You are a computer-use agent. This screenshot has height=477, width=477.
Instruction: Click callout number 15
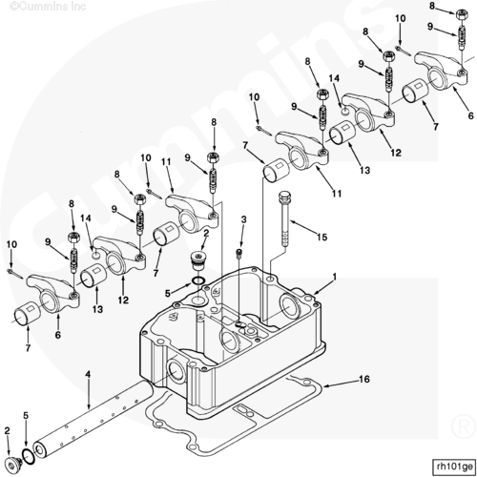point(321,237)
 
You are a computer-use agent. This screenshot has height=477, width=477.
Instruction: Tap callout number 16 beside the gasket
point(364,379)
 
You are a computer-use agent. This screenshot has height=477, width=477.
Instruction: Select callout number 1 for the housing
point(334,278)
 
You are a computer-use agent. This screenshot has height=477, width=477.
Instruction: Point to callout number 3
point(243,219)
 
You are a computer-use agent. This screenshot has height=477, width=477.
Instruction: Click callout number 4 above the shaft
point(88,374)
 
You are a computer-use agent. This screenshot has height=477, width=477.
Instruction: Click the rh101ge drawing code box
point(454,467)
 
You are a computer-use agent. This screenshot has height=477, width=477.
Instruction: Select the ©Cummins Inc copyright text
point(48,6)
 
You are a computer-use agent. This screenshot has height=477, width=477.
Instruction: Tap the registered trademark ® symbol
point(463,427)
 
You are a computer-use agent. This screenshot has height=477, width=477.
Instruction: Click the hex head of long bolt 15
point(285,196)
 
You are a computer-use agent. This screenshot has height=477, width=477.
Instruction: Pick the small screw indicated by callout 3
point(239,254)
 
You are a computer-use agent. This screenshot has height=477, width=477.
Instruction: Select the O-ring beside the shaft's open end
point(28,457)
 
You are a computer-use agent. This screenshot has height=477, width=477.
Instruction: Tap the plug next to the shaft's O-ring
point(13,465)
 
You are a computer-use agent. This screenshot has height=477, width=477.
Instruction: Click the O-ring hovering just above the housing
point(198,280)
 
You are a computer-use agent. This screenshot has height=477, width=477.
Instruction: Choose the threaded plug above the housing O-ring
point(198,261)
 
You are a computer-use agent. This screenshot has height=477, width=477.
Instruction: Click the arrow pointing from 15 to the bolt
point(303,227)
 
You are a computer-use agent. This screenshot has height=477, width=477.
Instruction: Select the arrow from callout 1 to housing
point(321,287)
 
